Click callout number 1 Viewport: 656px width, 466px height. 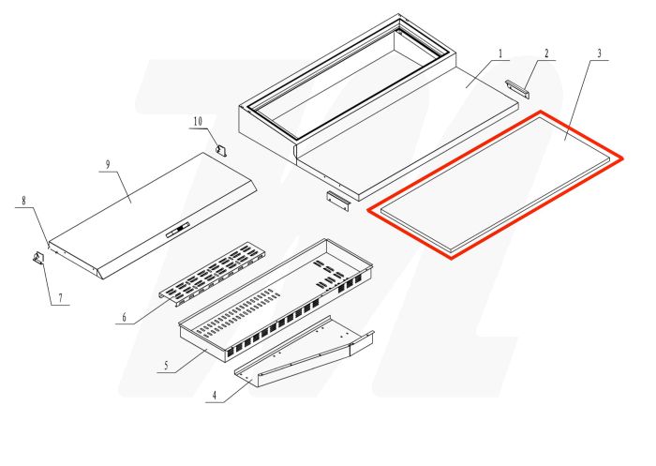pyautogui.click(x=500, y=53)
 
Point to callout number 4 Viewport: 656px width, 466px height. pyautogui.click(x=215, y=396)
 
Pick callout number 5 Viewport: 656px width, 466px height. pyautogui.click(x=166, y=364)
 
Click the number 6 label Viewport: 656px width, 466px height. pyautogui.click(x=122, y=318)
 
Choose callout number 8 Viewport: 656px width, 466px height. pyautogui.click(x=25, y=201)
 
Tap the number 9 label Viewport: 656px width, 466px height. pyautogui.click(x=108, y=165)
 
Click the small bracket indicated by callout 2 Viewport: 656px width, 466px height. pyautogui.click(x=517, y=87)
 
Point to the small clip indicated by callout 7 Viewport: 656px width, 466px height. pyautogui.click(x=39, y=259)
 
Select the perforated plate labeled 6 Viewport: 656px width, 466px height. pyautogui.click(x=209, y=272)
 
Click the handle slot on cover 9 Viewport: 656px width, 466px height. pyautogui.click(x=177, y=228)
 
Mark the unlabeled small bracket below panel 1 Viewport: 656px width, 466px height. pyautogui.click(x=337, y=199)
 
